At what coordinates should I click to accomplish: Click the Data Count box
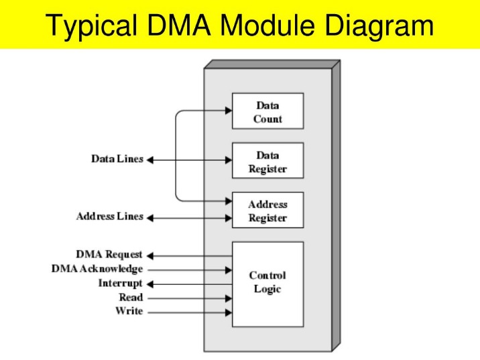268,111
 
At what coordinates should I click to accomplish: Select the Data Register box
268,160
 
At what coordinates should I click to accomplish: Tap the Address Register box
268,210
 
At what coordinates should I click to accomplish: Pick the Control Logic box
268,284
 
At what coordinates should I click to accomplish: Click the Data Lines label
117,159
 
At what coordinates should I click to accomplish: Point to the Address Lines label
110,217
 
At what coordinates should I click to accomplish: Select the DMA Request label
109,255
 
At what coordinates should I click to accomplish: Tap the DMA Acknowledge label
97,269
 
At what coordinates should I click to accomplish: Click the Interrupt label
120,283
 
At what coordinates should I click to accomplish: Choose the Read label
131,297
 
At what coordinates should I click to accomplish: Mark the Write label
129,311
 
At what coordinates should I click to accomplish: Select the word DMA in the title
179,25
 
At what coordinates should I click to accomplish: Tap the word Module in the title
267,25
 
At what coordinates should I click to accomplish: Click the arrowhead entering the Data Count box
229,111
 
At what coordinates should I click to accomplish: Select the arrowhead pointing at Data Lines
150,160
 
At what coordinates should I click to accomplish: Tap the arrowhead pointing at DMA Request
150,255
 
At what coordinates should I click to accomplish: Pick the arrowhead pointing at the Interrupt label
150,284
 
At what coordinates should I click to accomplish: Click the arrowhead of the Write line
229,312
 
